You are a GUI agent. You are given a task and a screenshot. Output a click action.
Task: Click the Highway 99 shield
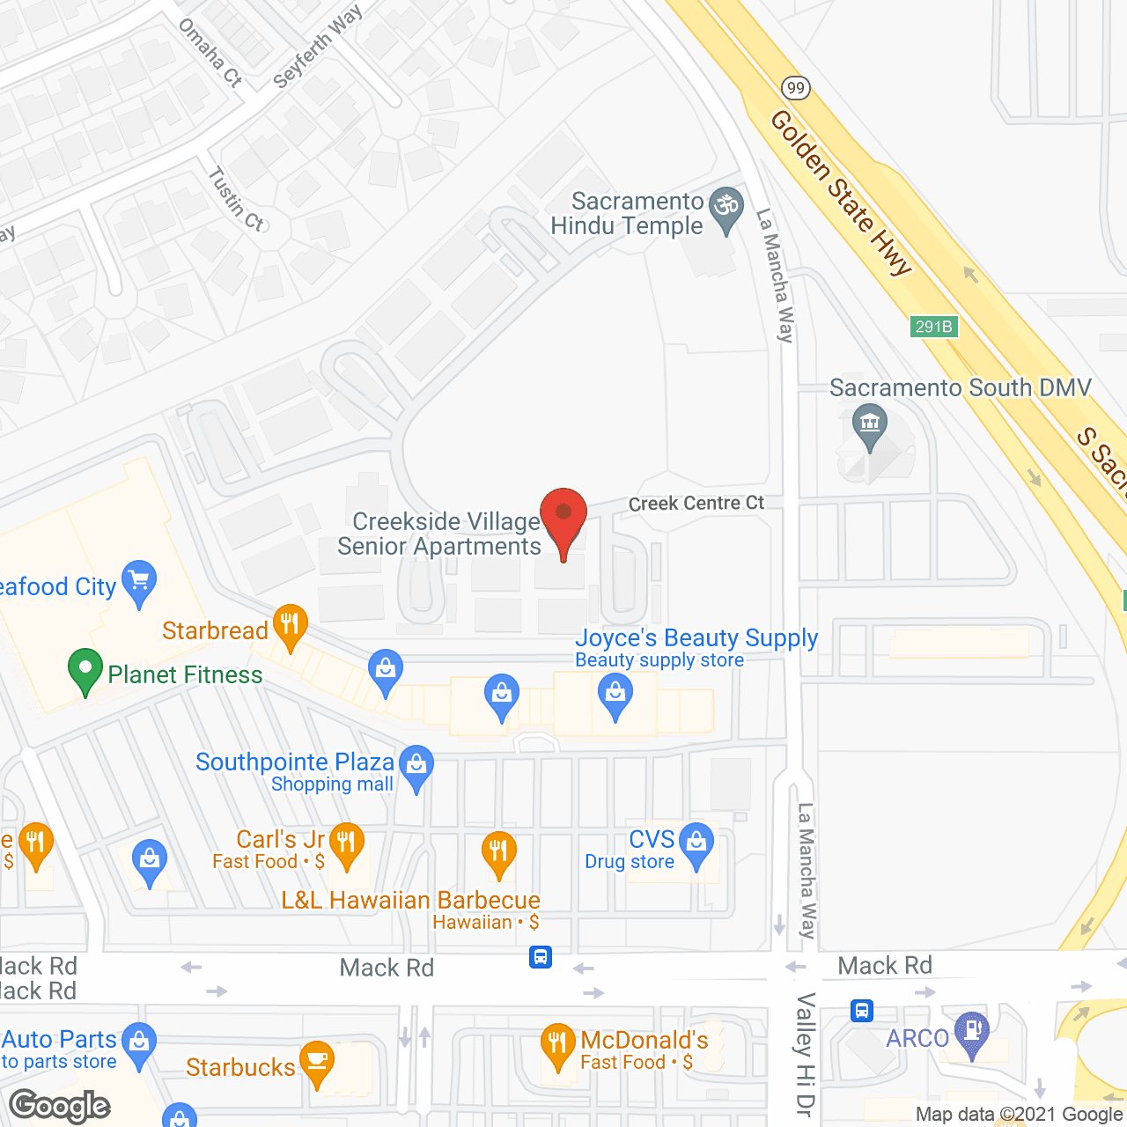click(795, 87)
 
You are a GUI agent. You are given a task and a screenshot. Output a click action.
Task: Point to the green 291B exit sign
click(933, 327)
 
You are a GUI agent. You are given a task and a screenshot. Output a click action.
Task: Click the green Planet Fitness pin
click(85, 669)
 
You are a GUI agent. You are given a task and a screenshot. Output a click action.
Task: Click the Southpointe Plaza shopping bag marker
click(416, 766)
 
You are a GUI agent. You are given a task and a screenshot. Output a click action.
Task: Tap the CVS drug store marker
click(696, 843)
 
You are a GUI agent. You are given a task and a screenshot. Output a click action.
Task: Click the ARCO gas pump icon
click(972, 1032)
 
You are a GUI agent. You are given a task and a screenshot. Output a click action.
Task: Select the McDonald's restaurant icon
click(557, 1044)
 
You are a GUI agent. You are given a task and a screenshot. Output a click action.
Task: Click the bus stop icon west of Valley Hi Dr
click(541, 957)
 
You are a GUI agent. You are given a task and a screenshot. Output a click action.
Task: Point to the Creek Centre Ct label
click(696, 504)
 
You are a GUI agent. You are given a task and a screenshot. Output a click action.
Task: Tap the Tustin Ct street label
click(235, 199)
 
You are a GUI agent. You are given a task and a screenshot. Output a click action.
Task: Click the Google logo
click(60, 1106)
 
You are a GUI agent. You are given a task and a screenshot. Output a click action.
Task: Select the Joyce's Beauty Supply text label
click(696, 637)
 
